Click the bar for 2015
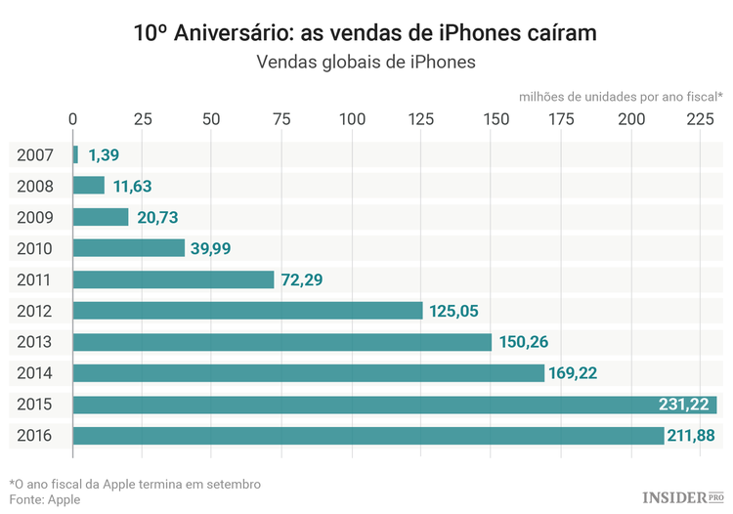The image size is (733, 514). pyautogui.click(x=394, y=405)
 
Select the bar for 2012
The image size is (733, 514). pyautogui.click(x=247, y=311)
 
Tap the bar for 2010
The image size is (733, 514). pyautogui.click(x=129, y=248)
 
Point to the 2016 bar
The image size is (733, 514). pyautogui.click(x=367, y=436)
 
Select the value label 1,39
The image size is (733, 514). pyautogui.click(x=104, y=154)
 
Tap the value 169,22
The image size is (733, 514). pyautogui.click(x=581, y=373)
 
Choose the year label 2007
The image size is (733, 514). pyautogui.click(x=35, y=154)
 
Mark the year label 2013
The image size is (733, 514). pyautogui.click(x=35, y=342)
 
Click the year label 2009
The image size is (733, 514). pyautogui.click(x=35, y=217)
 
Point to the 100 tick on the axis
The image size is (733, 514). pyautogui.click(x=352, y=119)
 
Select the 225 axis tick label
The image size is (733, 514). pyautogui.click(x=701, y=119)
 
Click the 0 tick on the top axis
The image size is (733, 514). pyautogui.click(x=73, y=119)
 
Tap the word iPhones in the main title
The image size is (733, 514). pyautogui.click(x=505, y=34)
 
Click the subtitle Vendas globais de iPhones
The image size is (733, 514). pyautogui.click(x=366, y=63)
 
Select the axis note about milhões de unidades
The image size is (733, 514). pyautogui.click(x=621, y=96)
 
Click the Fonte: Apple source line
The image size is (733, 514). pyautogui.click(x=45, y=499)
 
